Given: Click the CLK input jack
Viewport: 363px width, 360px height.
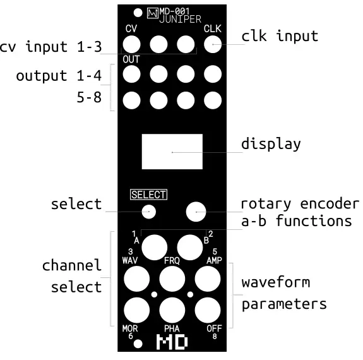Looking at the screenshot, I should (212, 44).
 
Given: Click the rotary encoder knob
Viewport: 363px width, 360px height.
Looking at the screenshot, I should (196, 211).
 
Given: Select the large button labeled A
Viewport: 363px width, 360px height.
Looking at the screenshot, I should (153, 247).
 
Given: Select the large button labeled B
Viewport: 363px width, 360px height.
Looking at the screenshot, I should (190, 247).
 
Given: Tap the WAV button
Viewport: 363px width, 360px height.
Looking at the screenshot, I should (136, 279).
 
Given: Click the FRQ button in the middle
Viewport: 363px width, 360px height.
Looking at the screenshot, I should (172, 279).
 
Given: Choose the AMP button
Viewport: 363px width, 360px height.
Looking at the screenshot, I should (208, 279).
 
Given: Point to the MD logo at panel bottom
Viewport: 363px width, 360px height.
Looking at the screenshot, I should (172, 343).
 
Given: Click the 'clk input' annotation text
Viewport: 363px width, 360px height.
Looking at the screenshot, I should (280, 36).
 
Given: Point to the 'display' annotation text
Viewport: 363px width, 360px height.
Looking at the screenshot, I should (271, 143).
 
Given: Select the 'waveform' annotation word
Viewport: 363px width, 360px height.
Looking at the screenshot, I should (276, 282).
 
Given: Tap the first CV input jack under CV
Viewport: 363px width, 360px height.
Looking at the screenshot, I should (131, 44).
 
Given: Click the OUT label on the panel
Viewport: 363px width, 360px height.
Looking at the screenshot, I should (130, 60).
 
